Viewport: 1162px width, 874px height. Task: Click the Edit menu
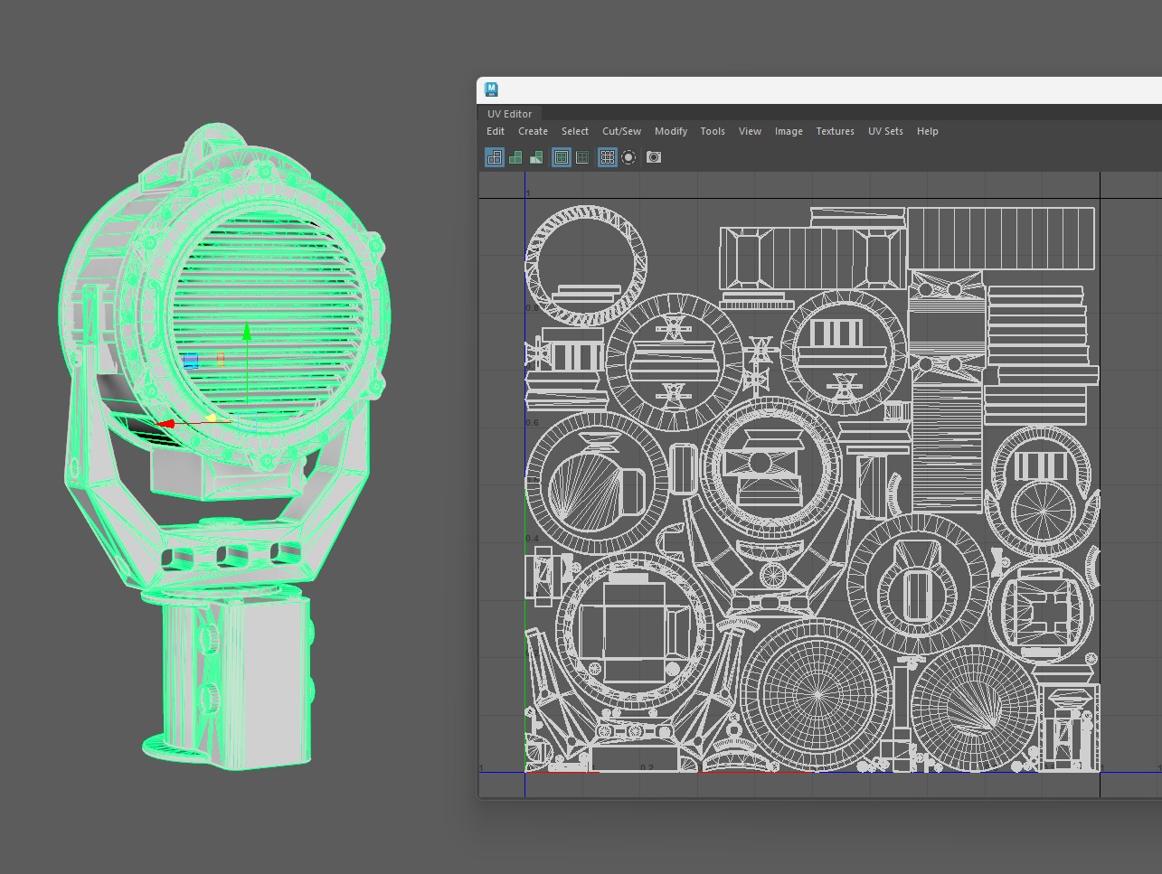click(496, 131)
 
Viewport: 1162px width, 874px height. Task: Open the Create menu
click(533, 131)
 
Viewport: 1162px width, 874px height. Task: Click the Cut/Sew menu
click(621, 131)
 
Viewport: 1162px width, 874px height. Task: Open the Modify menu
click(670, 131)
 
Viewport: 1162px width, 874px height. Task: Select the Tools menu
click(713, 131)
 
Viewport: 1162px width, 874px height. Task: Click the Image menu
click(789, 131)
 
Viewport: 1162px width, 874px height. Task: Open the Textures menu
click(835, 131)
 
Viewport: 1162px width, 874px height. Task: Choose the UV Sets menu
click(885, 131)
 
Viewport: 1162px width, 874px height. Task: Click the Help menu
click(927, 131)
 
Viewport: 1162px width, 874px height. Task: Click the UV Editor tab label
click(510, 114)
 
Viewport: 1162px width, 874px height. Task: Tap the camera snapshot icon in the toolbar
click(654, 157)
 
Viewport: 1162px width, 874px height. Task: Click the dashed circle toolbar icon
click(628, 157)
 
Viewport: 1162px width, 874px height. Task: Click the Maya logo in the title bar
click(491, 89)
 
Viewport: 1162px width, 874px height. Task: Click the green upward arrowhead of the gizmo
click(247, 333)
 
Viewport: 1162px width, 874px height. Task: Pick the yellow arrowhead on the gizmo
click(211, 418)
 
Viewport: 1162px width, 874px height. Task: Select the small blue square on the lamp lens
click(191, 362)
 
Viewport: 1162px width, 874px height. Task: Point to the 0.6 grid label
click(532, 423)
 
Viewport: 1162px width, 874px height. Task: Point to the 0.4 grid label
click(532, 539)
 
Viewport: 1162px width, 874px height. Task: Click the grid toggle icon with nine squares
click(608, 157)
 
